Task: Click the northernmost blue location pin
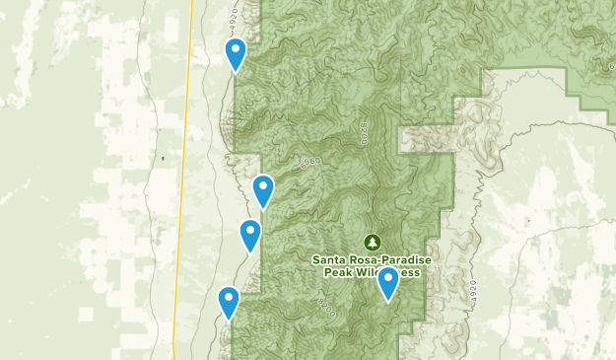pyautogui.click(x=236, y=54)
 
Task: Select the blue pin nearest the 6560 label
pyautogui.click(x=263, y=190)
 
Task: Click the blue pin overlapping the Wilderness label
pyautogui.click(x=388, y=282)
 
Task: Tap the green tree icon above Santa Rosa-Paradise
pyautogui.click(x=373, y=241)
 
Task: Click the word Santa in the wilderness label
pyautogui.click(x=330, y=260)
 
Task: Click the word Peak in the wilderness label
pyautogui.click(x=336, y=272)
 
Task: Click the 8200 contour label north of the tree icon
pyautogui.click(x=365, y=133)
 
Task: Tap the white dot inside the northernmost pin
pyautogui.click(x=236, y=48)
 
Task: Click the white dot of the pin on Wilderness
pyautogui.click(x=388, y=276)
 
